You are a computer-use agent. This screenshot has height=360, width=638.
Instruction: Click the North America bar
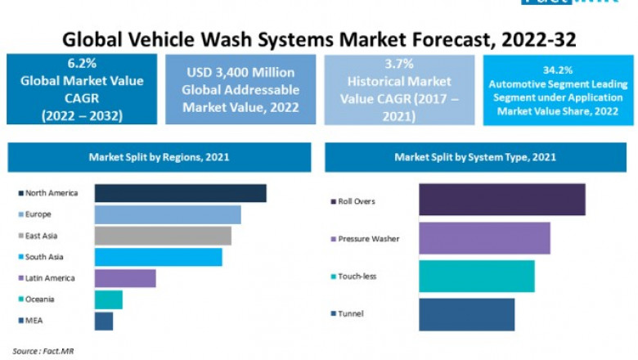click(x=180, y=193)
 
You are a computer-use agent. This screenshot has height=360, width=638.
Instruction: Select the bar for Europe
click(x=168, y=214)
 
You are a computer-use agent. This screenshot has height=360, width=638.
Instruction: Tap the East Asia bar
click(x=163, y=236)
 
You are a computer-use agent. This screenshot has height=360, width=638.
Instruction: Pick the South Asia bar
click(x=158, y=257)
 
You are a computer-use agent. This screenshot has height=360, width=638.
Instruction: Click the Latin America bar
click(x=125, y=278)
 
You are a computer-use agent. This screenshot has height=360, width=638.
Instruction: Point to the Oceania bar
click(x=108, y=299)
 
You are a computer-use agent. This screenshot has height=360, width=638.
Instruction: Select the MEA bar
click(x=104, y=321)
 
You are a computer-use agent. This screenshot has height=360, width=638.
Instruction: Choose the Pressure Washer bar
click(x=484, y=238)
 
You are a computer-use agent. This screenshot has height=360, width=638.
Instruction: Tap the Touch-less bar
click(x=477, y=276)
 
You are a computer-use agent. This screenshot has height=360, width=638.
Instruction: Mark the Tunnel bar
click(x=467, y=314)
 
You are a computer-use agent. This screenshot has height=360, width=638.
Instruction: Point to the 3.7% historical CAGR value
click(x=398, y=63)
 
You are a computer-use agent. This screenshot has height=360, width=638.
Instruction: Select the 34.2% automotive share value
click(x=557, y=70)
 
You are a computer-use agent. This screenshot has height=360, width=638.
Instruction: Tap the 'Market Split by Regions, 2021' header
click(x=159, y=156)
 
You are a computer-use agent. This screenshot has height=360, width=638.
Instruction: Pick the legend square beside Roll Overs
click(x=332, y=201)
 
